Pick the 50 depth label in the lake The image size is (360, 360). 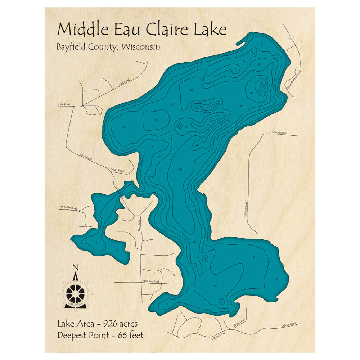[x=260, y=90]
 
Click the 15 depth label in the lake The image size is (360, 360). [x=186, y=126]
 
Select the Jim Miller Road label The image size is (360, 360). [x=68, y=208]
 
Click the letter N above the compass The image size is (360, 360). [x=75, y=267]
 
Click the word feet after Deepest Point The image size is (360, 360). [x=136, y=335]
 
